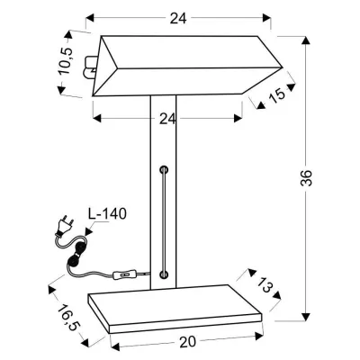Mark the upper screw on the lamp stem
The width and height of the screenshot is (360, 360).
click(163, 168)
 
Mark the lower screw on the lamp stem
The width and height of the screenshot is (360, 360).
click(163, 273)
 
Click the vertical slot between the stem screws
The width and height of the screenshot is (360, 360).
click(163, 220)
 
